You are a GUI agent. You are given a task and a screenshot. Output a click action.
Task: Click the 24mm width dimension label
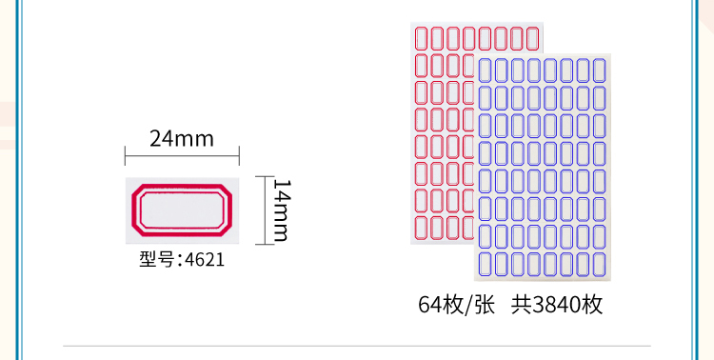point(182,138)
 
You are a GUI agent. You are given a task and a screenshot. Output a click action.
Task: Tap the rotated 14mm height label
point(282,210)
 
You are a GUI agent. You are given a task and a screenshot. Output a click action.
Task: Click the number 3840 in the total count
point(557,305)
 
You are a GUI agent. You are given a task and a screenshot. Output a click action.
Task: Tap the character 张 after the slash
point(485,305)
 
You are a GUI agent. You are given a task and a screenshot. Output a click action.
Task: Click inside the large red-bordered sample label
point(182,210)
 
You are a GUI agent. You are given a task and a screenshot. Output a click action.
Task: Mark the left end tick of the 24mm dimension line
point(126,156)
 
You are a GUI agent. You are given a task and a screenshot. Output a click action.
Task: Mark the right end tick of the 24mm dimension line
point(239,156)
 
